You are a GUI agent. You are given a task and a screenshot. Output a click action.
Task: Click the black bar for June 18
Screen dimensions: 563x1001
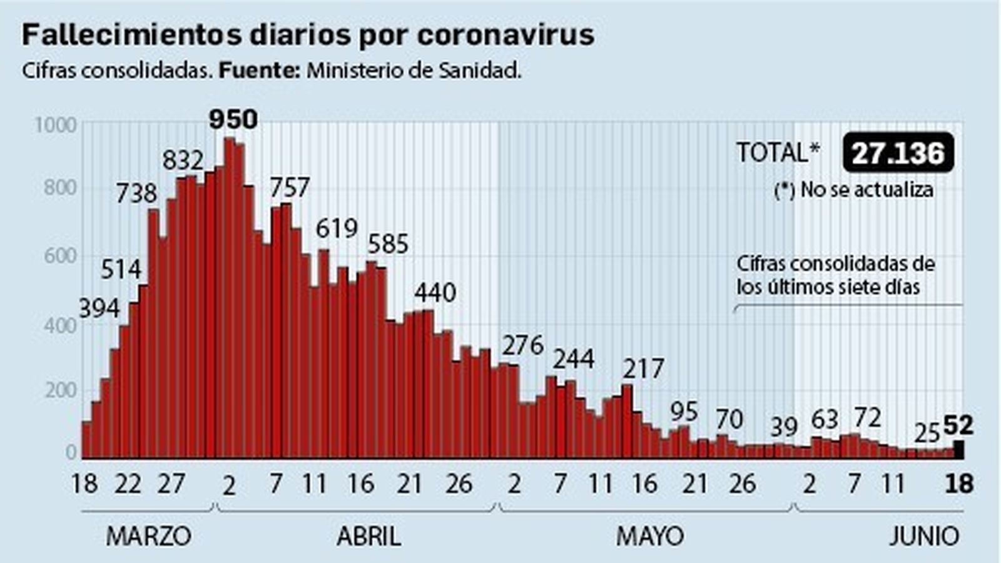(x=958, y=449)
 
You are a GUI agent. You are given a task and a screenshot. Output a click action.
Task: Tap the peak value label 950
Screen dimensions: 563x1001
(x=233, y=119)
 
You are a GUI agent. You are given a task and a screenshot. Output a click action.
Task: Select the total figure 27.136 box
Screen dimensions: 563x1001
(x=898, y=153)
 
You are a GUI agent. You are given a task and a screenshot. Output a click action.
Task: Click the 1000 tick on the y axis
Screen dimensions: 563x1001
(x=55, y=125)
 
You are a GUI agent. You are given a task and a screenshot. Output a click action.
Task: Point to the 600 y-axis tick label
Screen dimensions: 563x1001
(x=60, y=256)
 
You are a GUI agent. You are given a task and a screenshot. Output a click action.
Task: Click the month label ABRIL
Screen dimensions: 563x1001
(x=368, y=537)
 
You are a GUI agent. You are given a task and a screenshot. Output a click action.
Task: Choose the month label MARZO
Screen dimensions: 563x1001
(x=148, y=537)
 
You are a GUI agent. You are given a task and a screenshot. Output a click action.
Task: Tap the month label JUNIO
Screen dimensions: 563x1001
(x=923, y=537)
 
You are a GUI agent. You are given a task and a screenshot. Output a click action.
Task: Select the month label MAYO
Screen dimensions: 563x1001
(x=649, y=537)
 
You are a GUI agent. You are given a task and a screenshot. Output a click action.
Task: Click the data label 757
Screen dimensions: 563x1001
(x=290, y=188)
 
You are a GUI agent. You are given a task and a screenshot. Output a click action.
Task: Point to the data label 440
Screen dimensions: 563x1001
(x=435, y=293)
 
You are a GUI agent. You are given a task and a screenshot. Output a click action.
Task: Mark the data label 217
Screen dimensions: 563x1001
(x=643, y=369)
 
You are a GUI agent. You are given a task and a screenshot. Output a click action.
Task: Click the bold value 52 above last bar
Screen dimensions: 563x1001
(x=958, y=426)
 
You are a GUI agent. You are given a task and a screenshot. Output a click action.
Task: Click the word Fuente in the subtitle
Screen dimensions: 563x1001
(x=259, y=71)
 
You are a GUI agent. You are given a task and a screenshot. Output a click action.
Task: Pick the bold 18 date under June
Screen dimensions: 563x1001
(x=958, y=484)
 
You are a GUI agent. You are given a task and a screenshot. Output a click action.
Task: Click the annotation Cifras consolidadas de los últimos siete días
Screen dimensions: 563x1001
(x=835, y=275)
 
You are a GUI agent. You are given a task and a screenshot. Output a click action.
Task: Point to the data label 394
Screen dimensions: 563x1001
(x=99, y=308)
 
